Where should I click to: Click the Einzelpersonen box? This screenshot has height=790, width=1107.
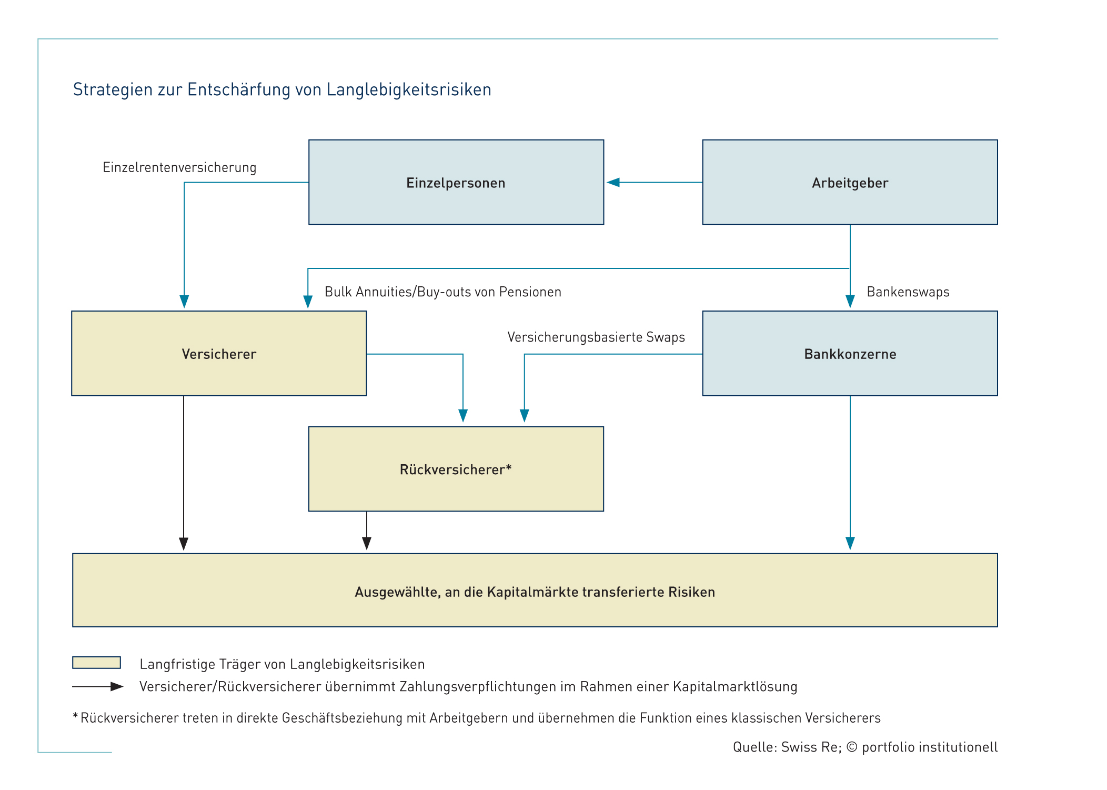click(x=456, y=182)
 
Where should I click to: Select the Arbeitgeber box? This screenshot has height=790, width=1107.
click(x=850, y=182)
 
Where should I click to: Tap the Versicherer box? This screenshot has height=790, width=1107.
click(x=219, y=353)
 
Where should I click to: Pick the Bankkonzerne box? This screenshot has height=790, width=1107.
click(x=850, y=353)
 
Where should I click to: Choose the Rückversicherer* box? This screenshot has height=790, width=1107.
click(x=456, y=469)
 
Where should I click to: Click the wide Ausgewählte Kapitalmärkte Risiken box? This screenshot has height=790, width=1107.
click(x=535, y=590)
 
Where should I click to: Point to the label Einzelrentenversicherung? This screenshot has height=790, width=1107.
click(x=179, y=167)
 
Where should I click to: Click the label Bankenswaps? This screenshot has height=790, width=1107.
click(x=908, y=292)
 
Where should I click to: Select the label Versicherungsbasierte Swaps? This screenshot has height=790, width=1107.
click(x=596, y=337)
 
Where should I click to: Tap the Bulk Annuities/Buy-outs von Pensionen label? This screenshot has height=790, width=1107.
click(x=443, y=292)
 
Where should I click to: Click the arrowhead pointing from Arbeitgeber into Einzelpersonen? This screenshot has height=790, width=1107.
click(x=613, y=183)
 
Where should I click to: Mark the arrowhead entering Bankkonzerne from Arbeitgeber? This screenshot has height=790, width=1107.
click(x=850, y=302)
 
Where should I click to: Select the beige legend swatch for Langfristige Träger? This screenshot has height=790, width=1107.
click(x=97, y=663)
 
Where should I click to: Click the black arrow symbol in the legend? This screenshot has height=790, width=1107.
click(x=98, y=686)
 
